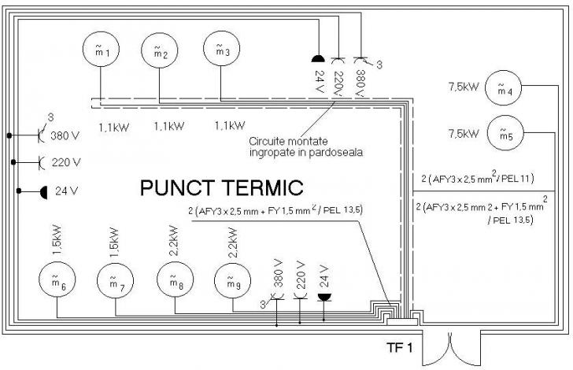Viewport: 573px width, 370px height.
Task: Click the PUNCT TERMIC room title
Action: click(221, 187)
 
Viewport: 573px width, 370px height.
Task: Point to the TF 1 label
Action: click(399, 347)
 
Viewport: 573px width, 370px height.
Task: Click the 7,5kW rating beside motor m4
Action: click(464, 87)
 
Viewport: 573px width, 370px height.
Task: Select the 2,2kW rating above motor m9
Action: click(233, 242)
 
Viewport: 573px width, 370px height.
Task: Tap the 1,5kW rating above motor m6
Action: click(57, 240)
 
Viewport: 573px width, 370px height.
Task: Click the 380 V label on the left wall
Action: click(65, 136)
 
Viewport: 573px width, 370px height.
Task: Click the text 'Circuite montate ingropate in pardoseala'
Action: click(306, 146)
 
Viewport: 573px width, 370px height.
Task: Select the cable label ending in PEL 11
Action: click(478, 178)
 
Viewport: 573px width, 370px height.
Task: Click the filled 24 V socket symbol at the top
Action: click(318, 59)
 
